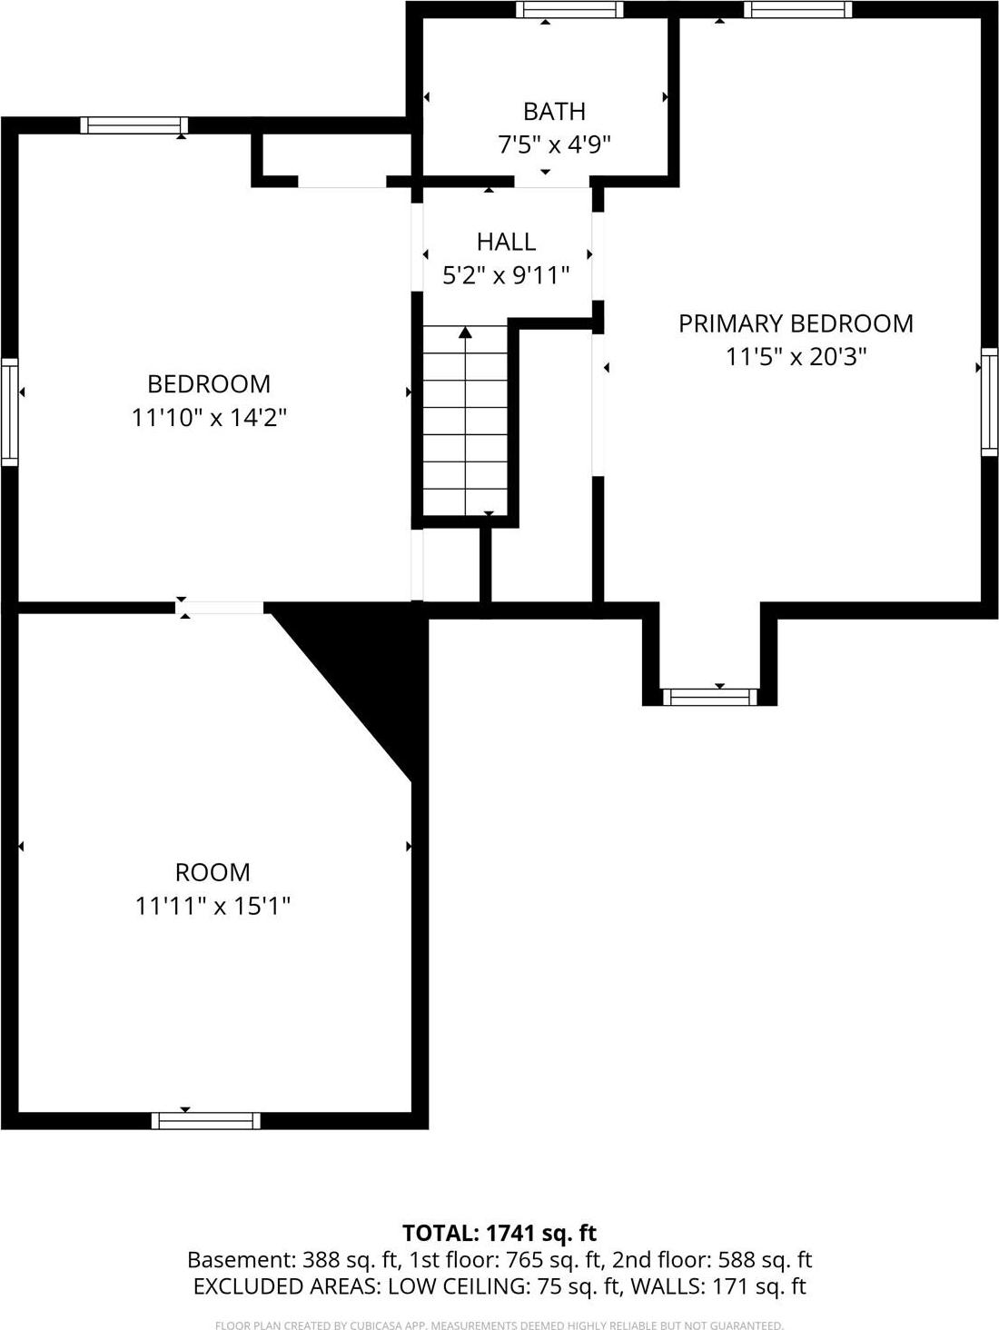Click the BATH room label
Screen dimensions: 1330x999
pyautogui.click(x=554, y=111)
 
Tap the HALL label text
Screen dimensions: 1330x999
pyautogui.click(x=506, y=241)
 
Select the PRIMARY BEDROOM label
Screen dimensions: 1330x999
pyautogui.click(x=796, y=323)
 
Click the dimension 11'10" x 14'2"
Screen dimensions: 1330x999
pyautogui.click(x=209, y=418)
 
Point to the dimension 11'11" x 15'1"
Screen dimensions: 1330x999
pyautogui.click(x=213, y=906)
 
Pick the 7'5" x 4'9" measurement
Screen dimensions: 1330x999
pyautogui.click(x=554, y=144)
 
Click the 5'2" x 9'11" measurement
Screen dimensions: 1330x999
pyautogui.click(x=506, y=274)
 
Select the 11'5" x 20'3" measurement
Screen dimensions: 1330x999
pyautogui.click(x=796, y=356)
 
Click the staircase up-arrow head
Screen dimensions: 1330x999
pyautogui.click(x=466, y=332)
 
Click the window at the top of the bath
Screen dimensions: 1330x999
pyautogui.click(x=569, y=10)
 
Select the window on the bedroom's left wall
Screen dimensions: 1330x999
pyautogui.click(x=9, y=412)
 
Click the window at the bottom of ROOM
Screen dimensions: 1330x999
pyautogui.click(x=205, y=1121)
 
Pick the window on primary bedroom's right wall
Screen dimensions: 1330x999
pyautogui.click(x=989, y=401)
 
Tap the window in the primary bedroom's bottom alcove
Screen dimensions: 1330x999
pyautogui.click(x=709, y=697)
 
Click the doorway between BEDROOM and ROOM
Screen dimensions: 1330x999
pyautogui.click(x=221, y=608)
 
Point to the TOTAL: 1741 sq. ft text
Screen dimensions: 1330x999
pyautogui.click(x=499, y=1233)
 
